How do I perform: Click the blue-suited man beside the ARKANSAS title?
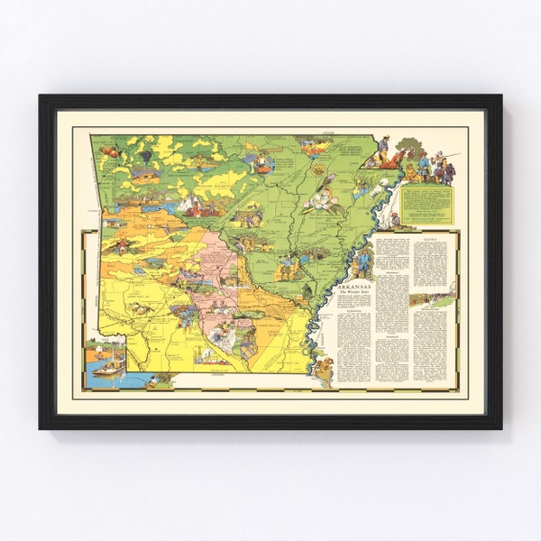(362, 263)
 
